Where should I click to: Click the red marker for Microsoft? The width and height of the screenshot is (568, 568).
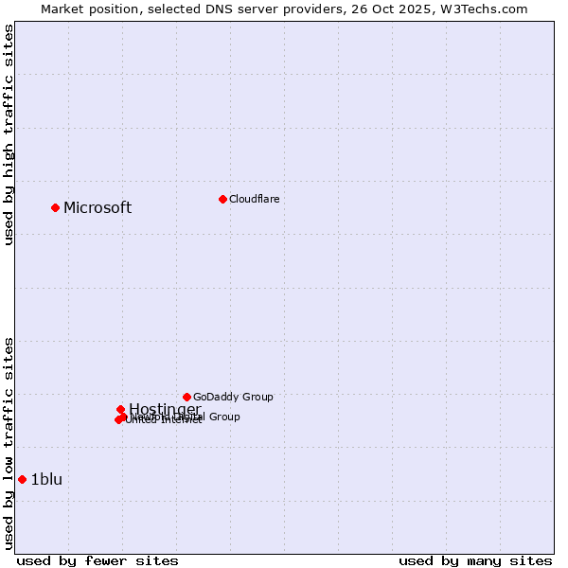click(x=55, y=207)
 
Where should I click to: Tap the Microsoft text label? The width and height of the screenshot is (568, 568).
click(x=98, y=208)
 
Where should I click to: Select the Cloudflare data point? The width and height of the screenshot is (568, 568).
click(x=222, y=199)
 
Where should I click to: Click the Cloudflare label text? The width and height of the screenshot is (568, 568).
click(x=254, y=200)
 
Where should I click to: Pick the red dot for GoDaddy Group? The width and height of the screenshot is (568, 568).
click(x=186, y=397)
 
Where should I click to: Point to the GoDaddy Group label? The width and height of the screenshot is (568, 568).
click(x=233, y=398)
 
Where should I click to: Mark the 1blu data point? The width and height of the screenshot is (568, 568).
click(x=22, y=479)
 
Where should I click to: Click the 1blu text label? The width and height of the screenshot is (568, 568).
click(x=46, y=480)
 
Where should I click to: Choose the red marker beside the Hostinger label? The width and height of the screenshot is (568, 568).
click(x=120, y=409)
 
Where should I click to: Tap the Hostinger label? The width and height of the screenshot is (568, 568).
click(x=165, y=409)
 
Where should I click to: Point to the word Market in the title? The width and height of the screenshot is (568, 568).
click(x=62, y=9)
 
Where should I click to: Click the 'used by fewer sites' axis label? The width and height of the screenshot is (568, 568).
click(x=98, y=560)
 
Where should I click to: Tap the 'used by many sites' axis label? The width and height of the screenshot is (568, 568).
click(x=475, y=560)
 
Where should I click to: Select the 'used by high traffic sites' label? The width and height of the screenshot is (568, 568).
click(x=9, y=134)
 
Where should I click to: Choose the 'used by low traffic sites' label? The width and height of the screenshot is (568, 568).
click(x=9, y=443)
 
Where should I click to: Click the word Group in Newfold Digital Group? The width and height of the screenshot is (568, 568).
click(x=224, y=417)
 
